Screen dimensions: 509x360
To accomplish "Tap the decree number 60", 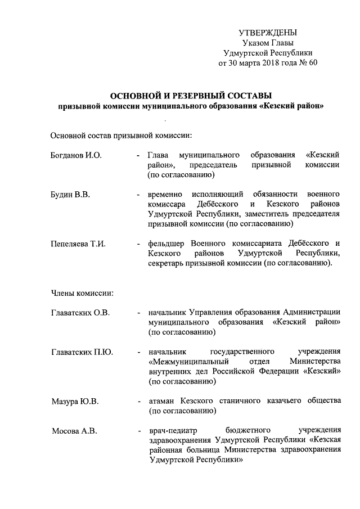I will click(x=313, y=62).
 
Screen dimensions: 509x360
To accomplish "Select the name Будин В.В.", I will click(x=70, y=194).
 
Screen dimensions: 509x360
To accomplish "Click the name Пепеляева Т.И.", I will click(x=78, y=244).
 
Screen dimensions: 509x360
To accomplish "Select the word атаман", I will click(x=162, y=401).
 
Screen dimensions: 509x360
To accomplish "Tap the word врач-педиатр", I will click(x=171, y=431).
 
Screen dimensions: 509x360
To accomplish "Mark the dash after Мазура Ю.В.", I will click(x=138, y=401).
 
